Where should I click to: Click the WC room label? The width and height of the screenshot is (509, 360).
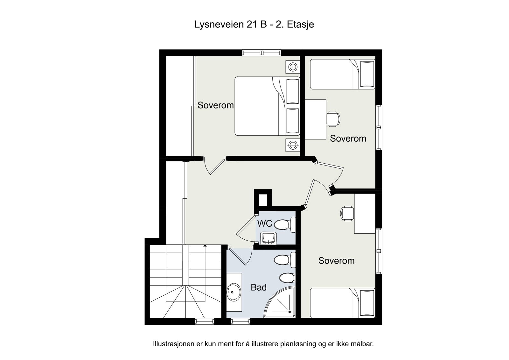pyautogui.click(x=264, y=223)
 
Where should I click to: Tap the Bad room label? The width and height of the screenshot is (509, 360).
pyautogui.click(x=259, y=287)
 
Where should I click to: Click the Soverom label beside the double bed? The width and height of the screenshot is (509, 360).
pyautogui.click(x=215, y=105)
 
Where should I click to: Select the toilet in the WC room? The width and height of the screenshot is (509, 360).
pyautogui.click(x=285, y=225)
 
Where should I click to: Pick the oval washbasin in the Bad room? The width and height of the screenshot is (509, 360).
pyautogui.click(x=234, y=292)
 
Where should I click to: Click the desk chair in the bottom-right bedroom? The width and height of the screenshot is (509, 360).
pyautogui.click(x=347, y=213)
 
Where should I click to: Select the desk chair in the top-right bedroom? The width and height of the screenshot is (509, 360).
pyautogui.click(x=333, y=119)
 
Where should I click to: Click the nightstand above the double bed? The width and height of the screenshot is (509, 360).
pyautogui.click(x=293, y=67)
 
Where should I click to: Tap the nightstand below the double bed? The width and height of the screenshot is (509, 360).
pyautogui.click(x=293, y=145)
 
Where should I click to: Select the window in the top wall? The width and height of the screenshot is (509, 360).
pyautogui.click(x=261, y=53)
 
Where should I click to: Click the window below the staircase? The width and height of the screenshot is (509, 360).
pyautogui.click(x=205, y=321)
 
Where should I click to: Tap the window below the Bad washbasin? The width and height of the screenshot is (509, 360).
pyautogui.click(x=241, y=321)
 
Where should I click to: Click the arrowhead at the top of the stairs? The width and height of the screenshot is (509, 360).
pyautogui.click(x=205, y=246)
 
